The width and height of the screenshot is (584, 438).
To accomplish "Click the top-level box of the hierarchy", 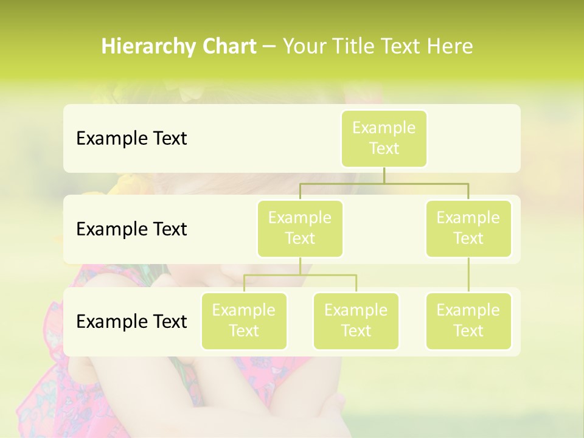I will [384, 138].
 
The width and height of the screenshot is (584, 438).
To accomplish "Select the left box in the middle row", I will [300, 228].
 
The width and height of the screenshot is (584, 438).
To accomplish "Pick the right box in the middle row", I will [468, 228].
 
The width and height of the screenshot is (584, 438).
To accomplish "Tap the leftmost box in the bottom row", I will [244, 321].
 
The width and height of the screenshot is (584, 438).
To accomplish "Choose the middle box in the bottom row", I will [356, 321].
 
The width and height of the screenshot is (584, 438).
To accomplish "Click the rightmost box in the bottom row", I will [468, 321].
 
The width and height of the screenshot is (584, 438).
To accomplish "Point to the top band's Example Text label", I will [131, 139].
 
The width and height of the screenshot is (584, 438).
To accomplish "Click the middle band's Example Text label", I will [131, 229].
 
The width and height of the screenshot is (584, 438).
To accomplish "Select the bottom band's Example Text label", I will [131, 321].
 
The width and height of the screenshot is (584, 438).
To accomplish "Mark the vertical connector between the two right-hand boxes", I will [468, 275].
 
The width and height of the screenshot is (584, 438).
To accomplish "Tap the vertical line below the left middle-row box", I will [300, 266].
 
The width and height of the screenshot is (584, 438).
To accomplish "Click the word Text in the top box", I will [384, 148].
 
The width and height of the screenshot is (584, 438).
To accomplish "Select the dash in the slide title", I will [269, 47].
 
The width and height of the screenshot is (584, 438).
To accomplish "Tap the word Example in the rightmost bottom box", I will [468, 310].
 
